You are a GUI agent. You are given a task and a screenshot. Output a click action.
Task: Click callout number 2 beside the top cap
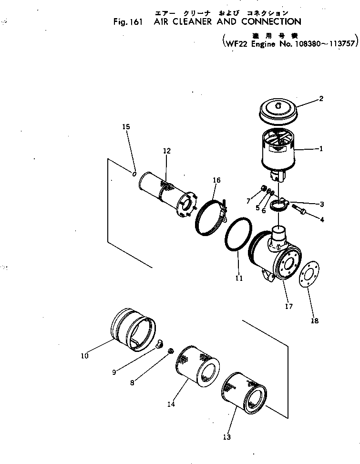point(321,99)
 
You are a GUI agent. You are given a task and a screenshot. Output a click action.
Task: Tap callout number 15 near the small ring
point(126,127)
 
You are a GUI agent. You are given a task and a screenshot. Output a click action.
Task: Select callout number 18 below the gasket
point(315,321)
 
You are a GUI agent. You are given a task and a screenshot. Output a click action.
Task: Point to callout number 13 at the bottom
point(226,437)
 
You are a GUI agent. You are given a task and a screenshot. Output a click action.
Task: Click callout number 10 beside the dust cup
point(84,355)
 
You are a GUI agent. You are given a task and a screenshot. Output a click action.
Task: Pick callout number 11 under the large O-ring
point(239,278)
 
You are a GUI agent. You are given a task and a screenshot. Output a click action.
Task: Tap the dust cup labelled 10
point(134,330)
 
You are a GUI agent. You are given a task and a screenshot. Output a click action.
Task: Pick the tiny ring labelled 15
point(135,174)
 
